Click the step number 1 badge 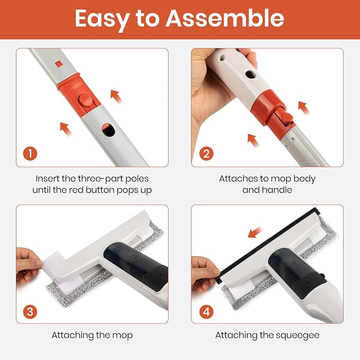click(30, 154)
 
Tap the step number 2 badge click(206, 154)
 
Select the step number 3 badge click(30, 312)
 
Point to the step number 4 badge click(206, 312)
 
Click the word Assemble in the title click(225, 19)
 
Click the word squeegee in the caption click(297, 336)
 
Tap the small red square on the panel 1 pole click(59, 64)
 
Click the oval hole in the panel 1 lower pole click(108, 130)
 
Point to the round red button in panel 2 click(287, 118)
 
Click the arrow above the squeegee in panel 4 click(255, 232)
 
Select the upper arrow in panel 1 click(116, 96)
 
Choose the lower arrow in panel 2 click(253, 141)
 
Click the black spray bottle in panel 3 click(135, 266)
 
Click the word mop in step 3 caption click(122, 336)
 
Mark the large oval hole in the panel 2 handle click(250, 75)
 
